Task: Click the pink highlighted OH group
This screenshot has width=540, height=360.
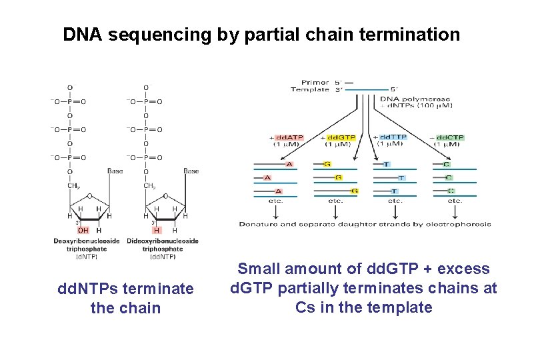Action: [x=83, y=230]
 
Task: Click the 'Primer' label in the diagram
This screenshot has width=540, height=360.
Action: [x=315, y=83]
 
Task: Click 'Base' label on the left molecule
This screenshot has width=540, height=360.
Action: [x=115, y=171]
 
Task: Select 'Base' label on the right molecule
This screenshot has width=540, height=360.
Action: [x=191, y=171]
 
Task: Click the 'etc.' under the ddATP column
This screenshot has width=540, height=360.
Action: [x=275, y=200]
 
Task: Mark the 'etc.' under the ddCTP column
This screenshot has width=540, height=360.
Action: [x=455, y=200]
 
